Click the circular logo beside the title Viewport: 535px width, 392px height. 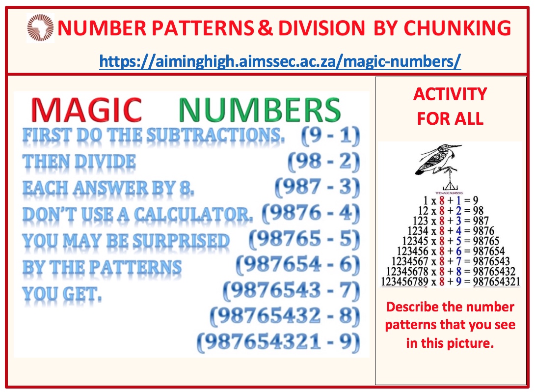[x=40, y=28]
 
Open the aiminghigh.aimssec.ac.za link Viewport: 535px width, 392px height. [x=280, y=61]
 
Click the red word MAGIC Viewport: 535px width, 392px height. [x=86, y=110]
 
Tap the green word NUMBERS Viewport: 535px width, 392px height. [x=260, y=110]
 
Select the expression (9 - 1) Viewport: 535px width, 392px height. [x=330, y=136]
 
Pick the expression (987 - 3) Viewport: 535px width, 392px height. [x=317, y=188]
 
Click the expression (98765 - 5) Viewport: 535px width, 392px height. [x=304, y=239]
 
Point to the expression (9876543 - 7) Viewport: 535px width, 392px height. [x=292, y=291]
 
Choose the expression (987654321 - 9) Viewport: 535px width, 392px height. [x=278, y=342]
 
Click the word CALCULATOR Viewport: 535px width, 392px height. [x=193, y=215]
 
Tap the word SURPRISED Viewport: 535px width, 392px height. [x=181, y=241]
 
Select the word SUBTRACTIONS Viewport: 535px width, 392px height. [x=215, y=135]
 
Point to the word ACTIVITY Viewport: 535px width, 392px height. [x=450, y=94]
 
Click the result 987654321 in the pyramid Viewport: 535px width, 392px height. [x=496, y=281]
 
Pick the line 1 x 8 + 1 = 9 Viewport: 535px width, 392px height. [x=451, y=200]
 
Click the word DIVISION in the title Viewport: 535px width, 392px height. [x=322, y=28]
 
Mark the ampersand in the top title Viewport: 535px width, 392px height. [x=265, y=28]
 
